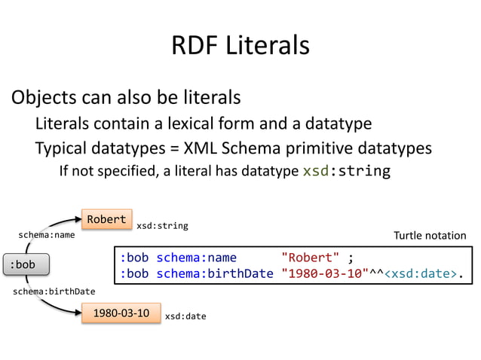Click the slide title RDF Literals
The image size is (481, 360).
click(x=240, y=46)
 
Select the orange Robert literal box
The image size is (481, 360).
click(x=106, y=219)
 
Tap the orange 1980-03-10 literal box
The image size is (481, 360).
click(x=120, y=312)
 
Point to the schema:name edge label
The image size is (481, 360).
click(x=47, y=235)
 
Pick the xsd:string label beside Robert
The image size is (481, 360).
click(x=161, y=225)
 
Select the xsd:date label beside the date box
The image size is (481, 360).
click(x=185, y=317)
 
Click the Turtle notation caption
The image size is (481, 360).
click(x=430, y=236)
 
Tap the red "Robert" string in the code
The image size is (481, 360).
click(x=311, y=258)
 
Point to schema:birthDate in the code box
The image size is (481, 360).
click(x=214, y=273)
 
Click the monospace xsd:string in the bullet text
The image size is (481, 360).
click(x=346, y=171)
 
